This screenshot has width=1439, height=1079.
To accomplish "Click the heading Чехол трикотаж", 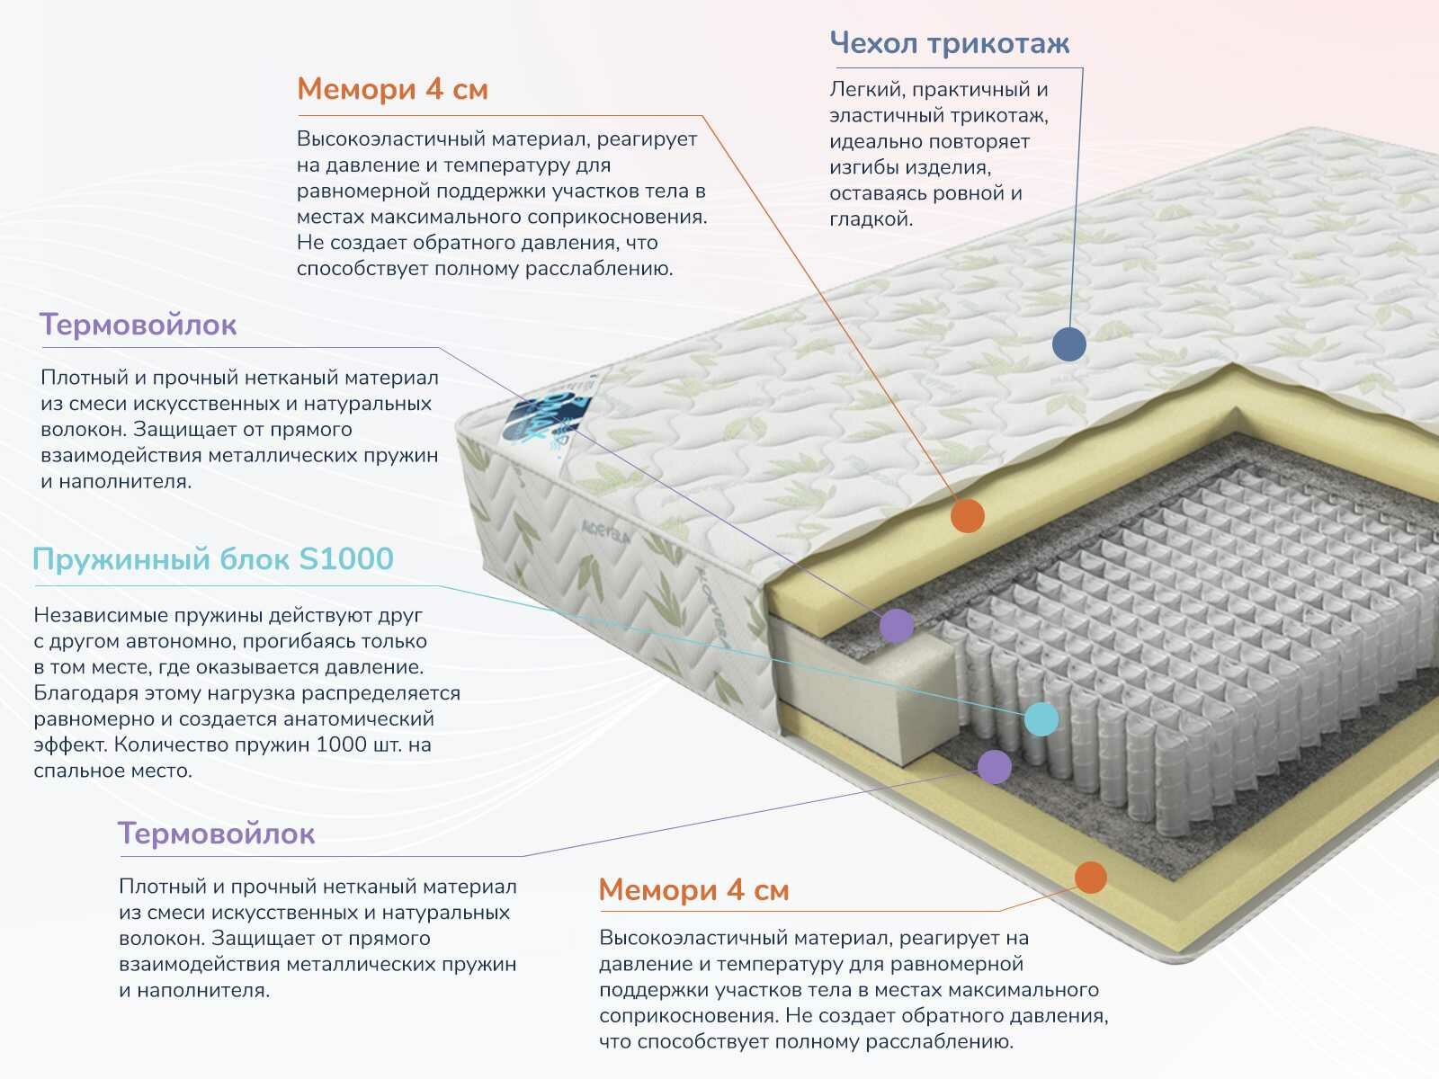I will pyautogui.click(x=949, y=43).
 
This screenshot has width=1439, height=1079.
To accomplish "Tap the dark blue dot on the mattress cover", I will pyautogui.click(x=1068, y=343).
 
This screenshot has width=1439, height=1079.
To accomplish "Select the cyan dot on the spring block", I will pyautogui.click(x=1041, y=718).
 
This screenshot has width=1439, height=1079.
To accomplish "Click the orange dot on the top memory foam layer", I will pyautogui.click(x=968, y=516).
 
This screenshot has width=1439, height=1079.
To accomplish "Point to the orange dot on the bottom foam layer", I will pyautogui.click(x=1090, y=877).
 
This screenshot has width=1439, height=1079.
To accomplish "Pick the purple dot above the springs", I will pyautogui.click(x=896, y=625).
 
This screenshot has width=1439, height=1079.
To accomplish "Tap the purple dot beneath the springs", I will pyautogui.click(x=994, y=766).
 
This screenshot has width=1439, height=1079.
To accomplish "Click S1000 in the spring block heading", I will pyautogui.click(x=345, y=559).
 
